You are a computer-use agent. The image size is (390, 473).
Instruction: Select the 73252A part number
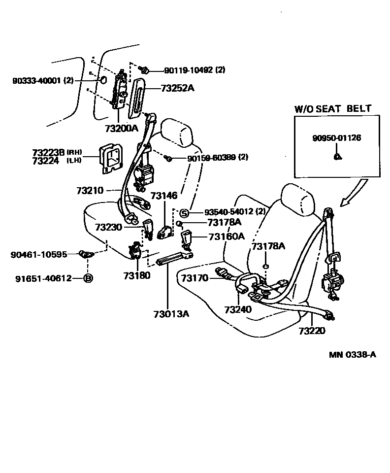tap(177, 89)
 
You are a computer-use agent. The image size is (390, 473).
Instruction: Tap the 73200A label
tap(121, 129)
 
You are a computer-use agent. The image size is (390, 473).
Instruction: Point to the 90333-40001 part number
tap(43, 80)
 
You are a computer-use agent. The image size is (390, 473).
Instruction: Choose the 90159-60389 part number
tap(217, 158)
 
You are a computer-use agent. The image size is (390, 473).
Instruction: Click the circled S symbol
tap(184, 212)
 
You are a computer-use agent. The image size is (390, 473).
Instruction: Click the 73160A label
tap(226, 236)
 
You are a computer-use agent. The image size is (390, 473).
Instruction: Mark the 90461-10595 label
tap(39, 254)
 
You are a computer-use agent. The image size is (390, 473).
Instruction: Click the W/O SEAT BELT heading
tap(333, 108)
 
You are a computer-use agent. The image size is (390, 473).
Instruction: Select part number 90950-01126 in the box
tap(336, 138)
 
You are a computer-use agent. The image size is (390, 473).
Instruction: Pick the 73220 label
tap(312, 331)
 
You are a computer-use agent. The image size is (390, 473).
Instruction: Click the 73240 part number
tap(238, 309)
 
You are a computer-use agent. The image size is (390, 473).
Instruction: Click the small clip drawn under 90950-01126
tap(336, 157)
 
